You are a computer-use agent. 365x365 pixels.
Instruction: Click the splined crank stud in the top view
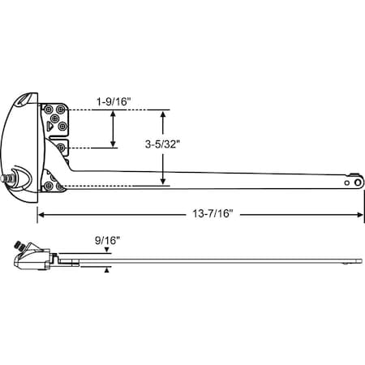[x=11, y=177]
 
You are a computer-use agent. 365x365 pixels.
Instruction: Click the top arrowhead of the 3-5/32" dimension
[x=163, y=114]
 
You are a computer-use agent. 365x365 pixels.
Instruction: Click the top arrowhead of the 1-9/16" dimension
[x=114, y=114]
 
